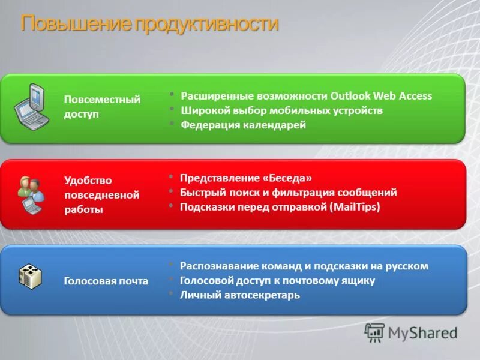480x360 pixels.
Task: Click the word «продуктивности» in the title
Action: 206,25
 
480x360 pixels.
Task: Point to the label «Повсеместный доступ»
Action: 102,107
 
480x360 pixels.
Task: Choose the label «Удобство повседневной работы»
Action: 101,194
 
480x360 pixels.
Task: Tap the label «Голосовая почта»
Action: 106,281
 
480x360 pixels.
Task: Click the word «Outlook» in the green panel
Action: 350,96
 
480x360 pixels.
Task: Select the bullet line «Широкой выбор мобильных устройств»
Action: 281,110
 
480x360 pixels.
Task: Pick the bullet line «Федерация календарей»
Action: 243,125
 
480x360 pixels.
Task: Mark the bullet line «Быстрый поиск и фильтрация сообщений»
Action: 289,193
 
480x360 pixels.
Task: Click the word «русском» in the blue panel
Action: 408,266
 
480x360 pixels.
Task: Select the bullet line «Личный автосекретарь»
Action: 239,295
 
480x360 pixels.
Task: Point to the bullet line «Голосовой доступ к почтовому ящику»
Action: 277,280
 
